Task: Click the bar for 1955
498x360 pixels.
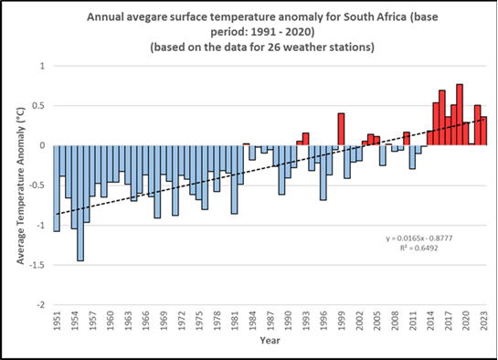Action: pyautogui.click(x=80, y=203)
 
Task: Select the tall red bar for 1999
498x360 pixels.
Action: pyautogui.click(x=341, y=129)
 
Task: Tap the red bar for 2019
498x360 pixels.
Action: pyautogui.click(x=460, y=114)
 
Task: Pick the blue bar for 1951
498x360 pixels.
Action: pyautogui.click(x=57, y=188)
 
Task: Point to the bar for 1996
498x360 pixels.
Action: pyautogui.click(x=323, y=173)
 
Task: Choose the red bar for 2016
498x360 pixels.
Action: pyautogui.click(x=441, y=118)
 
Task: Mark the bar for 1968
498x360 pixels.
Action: pyautogui.click(x=157, y=182)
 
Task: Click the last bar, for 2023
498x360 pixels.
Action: pyautogui.click(x=483, y=131)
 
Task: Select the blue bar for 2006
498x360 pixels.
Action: pyautogui.click(x=383, y=155)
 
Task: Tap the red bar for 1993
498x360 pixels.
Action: pyautogui.click(x=305, y=139)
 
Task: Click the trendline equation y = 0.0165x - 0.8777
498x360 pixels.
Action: pyautogui.click(x=419, y=238)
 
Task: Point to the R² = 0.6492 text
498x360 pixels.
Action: pyautogui.click(x=419, y=248)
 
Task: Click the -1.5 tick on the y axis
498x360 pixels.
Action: pyautogui.click(x=37, y=265)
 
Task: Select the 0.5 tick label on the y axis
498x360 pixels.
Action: pyautogui.click(x=39, y=106)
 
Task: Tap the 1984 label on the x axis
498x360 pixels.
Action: pyautogui.click(x=252, y=321)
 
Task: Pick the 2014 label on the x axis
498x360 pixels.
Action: pyautogui.click(x=430, y=321)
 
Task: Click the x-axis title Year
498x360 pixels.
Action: pyautogui.click(x=270, y=341)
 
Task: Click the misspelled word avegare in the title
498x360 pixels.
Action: pyautogui.click(x=146, y=17)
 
